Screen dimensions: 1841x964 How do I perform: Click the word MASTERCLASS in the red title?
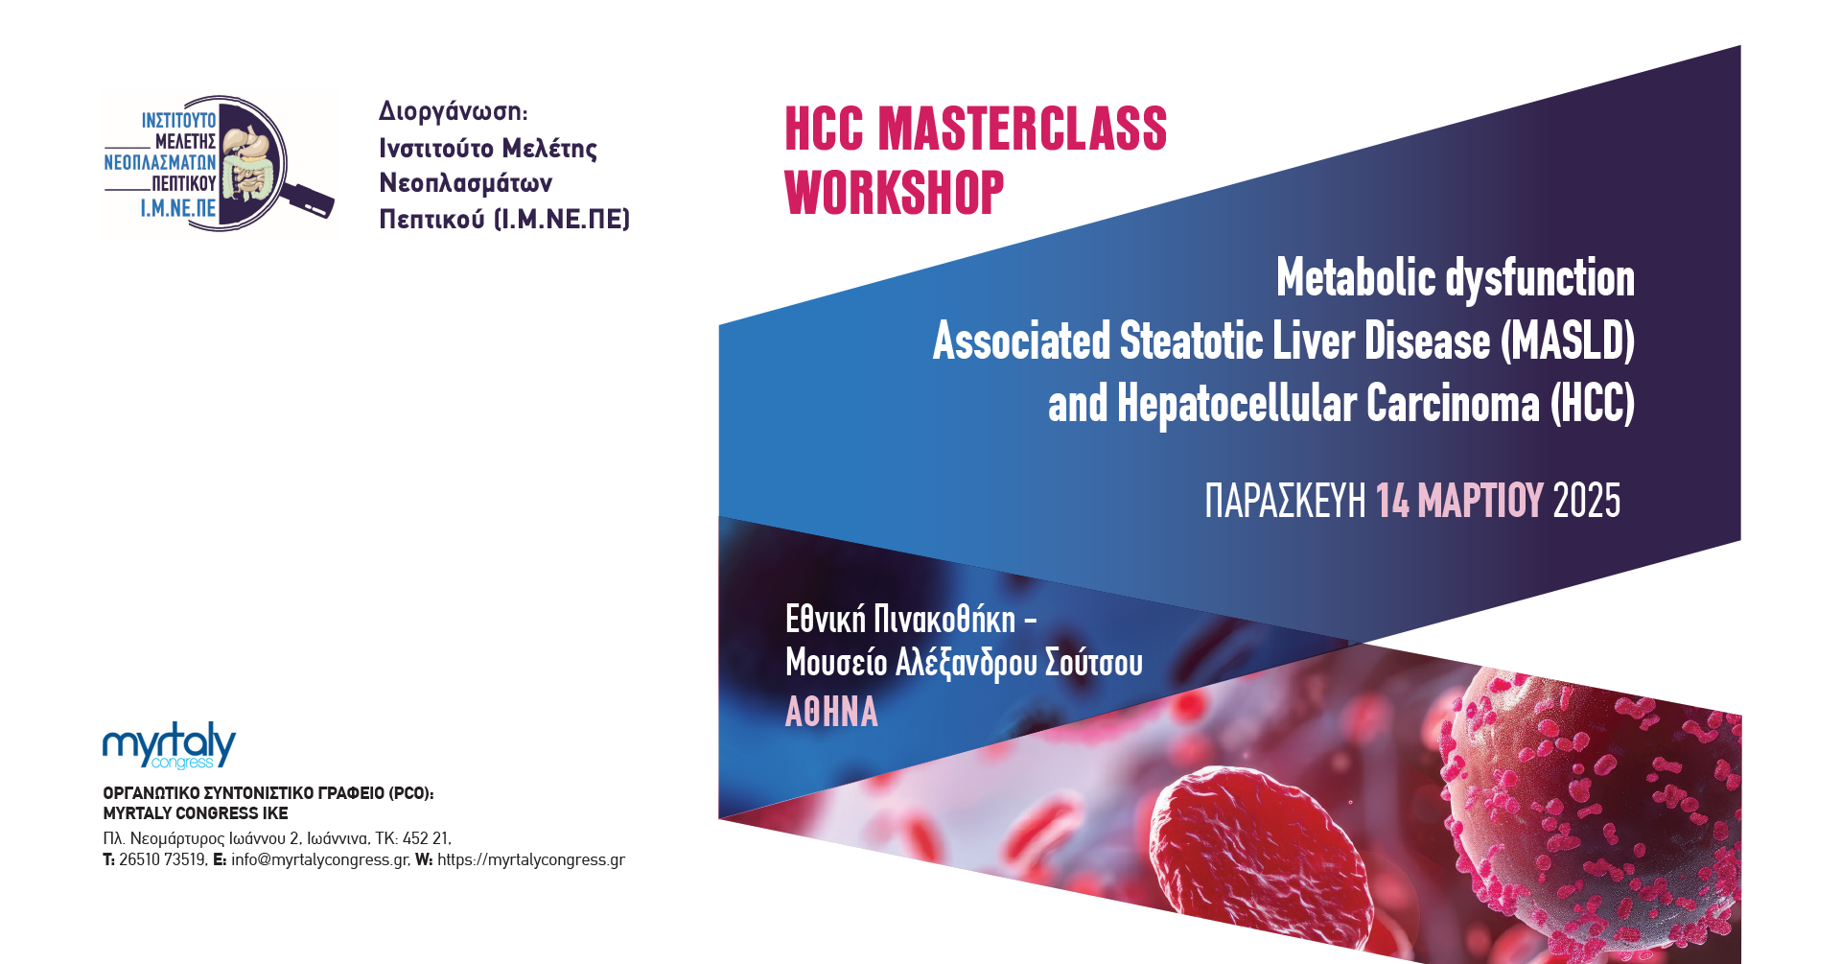(1022, 129)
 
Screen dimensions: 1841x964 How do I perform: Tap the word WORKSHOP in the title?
(895, 193)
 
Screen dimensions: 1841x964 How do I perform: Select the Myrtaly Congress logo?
(169, 745)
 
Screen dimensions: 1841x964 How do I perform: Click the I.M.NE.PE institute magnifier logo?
(220, 163)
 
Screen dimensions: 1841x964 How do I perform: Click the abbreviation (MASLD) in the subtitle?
(1568, 341)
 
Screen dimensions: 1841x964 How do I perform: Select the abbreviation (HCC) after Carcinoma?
(1593, 404)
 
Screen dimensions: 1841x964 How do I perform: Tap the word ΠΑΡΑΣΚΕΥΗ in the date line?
(1285, 501)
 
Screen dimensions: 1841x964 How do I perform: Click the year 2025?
(1587, 501)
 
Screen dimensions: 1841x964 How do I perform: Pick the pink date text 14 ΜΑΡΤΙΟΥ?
(1459, 501)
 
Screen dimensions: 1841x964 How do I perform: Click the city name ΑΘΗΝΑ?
(831, 713)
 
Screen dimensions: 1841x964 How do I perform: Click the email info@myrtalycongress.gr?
(320, 859)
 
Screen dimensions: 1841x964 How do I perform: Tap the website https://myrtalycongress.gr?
(531, 859)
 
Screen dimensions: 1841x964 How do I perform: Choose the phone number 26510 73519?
(163, 859)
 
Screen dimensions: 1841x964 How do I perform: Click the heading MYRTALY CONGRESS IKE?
(196, 813)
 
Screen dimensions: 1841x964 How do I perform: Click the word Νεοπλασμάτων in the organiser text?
(466, 183)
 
